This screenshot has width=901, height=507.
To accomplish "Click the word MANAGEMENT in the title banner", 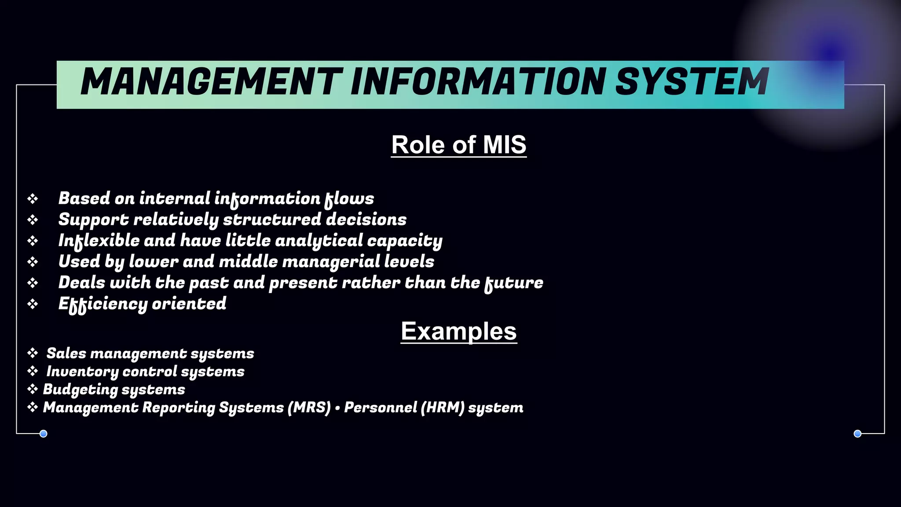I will (x=211, y=82).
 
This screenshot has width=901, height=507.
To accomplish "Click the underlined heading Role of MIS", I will (x=458, y=145).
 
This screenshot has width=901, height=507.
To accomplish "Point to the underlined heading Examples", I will (x=458, y=331).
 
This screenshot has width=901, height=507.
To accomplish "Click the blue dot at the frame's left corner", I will (x=44, y=434).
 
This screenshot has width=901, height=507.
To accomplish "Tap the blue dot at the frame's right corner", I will (x=857, y=434).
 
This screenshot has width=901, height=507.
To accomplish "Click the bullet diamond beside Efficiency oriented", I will (x=33, y=304).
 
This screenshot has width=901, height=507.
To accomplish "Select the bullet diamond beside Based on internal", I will (x=33, y=199).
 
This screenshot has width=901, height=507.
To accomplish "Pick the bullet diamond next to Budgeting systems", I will (x=33, y=389).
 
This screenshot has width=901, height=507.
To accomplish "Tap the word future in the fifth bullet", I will (x=514, y=283).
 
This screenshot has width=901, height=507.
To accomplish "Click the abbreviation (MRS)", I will (x=309, y=408).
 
